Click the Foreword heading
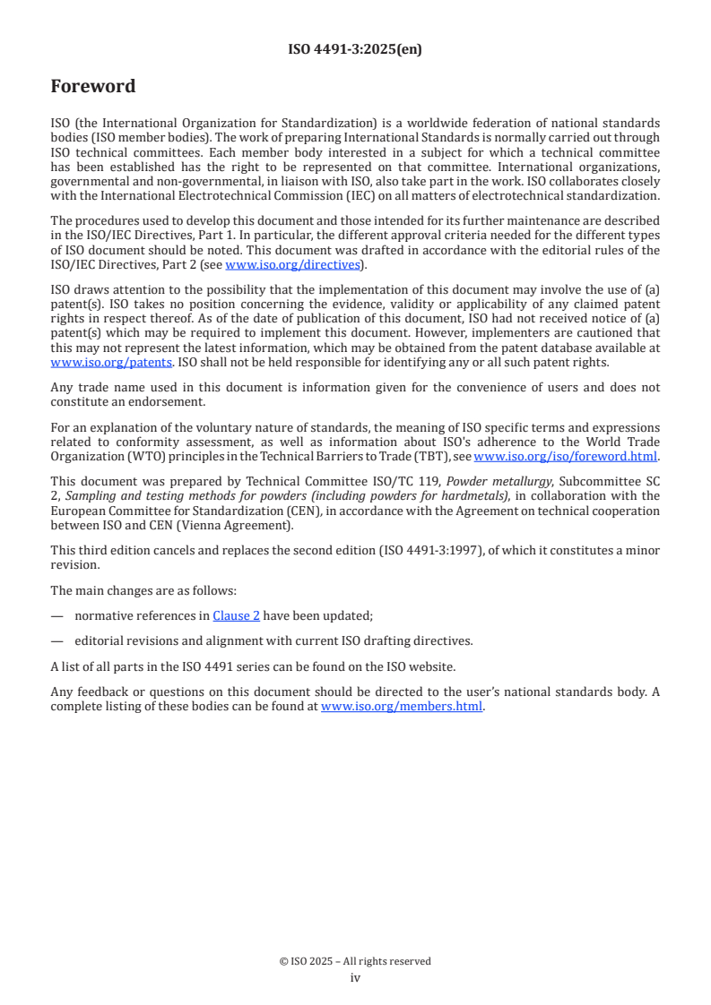pyautogui.click(x=92, y=87)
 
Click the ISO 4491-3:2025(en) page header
pyautogui.click(x=355, y=49)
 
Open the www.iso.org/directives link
pyautogui.click(x=291, y=264)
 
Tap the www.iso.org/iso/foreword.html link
pyautogui.click(x=565, y=455)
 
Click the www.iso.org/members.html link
pyautogui.click(x=402, y=706)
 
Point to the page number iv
pyautogui.click(x=355, y=978)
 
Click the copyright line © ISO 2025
pyautogui.click(x=355, y=961)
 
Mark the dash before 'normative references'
pyautogui.click(x=57, y=615)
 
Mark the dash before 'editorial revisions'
pyautogui.click(x=57, y=640)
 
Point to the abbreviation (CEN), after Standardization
pyautogui.click(x=290, y=510)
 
